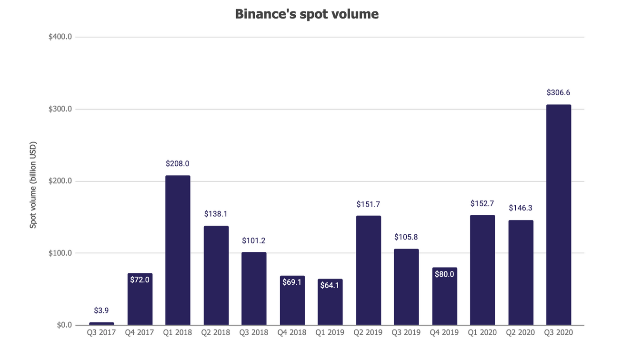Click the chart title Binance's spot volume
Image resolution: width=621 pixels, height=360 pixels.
click(307, 14)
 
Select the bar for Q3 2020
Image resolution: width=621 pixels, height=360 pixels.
click(558, 215)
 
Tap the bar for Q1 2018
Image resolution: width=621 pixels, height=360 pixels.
click(178, 250)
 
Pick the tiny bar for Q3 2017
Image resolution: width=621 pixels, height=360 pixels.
click(101, 324)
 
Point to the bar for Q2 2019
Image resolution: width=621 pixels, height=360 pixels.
click(368, 270)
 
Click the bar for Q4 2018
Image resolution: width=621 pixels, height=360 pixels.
click(292, 300)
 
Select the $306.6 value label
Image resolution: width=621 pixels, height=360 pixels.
click(558, 92)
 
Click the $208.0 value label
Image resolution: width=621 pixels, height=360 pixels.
click(178, 163)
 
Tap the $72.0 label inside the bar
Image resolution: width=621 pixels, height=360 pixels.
click(140, 280)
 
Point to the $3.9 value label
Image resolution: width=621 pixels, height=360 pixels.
click(101, 310)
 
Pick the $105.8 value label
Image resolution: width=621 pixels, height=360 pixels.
click(406, 237)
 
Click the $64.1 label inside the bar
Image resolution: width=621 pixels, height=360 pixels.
click(330, 285)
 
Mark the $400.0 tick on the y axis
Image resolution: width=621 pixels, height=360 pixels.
click(60, 37)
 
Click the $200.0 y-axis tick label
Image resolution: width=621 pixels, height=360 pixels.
click(60, 181)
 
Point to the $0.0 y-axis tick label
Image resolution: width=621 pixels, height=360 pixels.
click(64, 325)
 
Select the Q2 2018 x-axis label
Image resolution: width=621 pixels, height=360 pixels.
click(216, 332)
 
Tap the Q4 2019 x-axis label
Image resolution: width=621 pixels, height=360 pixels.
click(444, 332)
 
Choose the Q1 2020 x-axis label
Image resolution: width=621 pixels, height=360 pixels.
click(482, 332)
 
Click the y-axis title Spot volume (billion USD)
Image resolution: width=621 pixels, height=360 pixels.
click(33, 184)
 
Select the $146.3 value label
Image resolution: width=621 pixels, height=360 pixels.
click(521, 208)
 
